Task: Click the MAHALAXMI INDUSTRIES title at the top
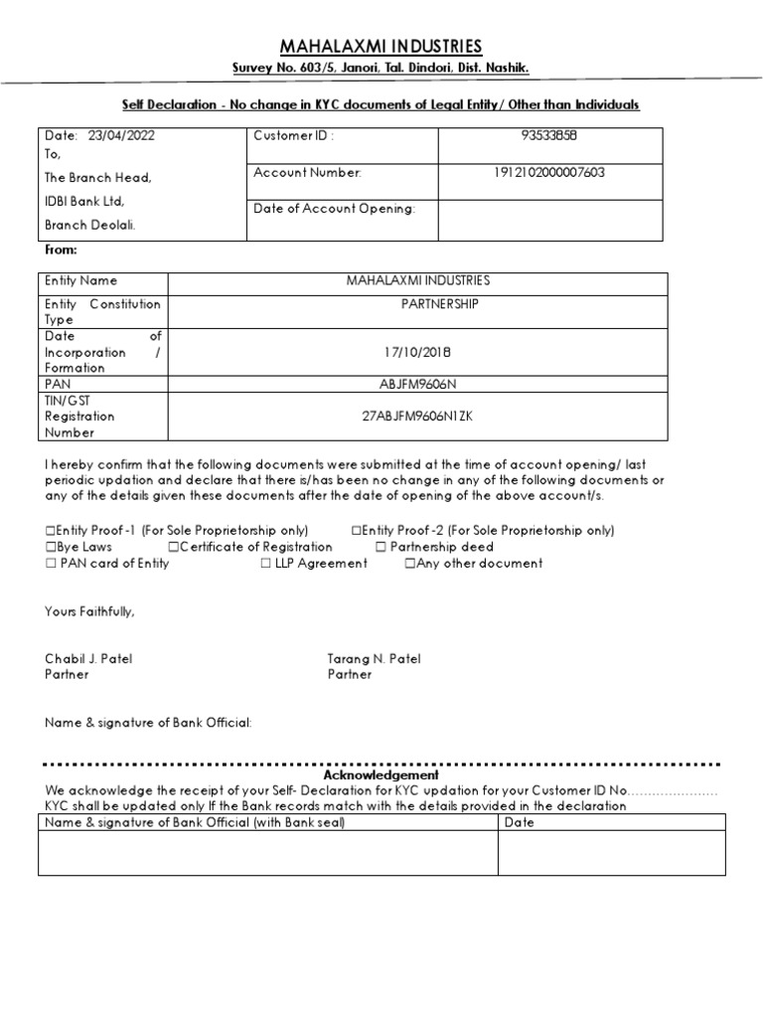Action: click(381, 47)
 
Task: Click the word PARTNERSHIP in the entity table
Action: click(432, 304)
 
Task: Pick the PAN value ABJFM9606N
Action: click(417, 384)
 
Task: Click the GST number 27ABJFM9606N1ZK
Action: click(417, 416)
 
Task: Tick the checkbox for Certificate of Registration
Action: click(174, 548)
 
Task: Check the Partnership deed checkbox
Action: click(381, 548)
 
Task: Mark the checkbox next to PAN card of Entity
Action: click(51, 564)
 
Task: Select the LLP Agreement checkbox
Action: click(266, 564)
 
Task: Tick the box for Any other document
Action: click(409, 564)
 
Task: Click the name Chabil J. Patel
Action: click(88, 658)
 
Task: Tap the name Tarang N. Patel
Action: click(375, 658)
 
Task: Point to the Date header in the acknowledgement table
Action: click(520, 822)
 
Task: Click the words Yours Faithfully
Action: click(89, 611)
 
